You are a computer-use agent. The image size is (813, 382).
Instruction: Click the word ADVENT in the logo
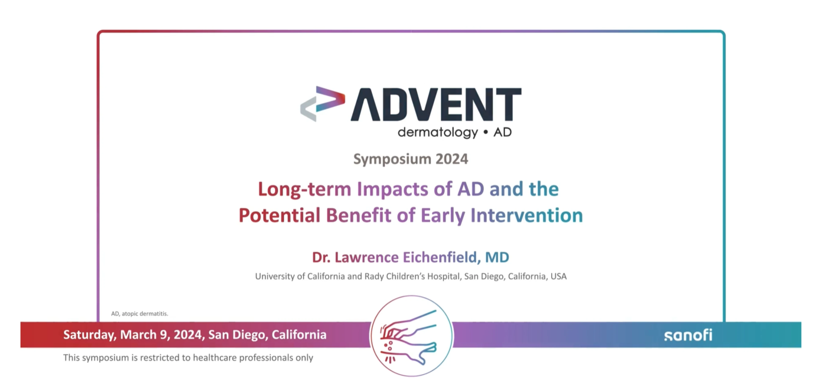(436, 104)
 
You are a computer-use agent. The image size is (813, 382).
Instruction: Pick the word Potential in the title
(279, 215)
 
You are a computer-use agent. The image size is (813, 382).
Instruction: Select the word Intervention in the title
(526, 215)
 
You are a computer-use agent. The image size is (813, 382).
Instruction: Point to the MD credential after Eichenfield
(497, 257)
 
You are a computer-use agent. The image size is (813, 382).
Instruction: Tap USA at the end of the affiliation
(559, 276)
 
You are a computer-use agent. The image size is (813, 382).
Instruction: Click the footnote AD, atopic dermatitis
(140, 314)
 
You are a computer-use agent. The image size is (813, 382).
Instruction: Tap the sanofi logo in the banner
(688, 335)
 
